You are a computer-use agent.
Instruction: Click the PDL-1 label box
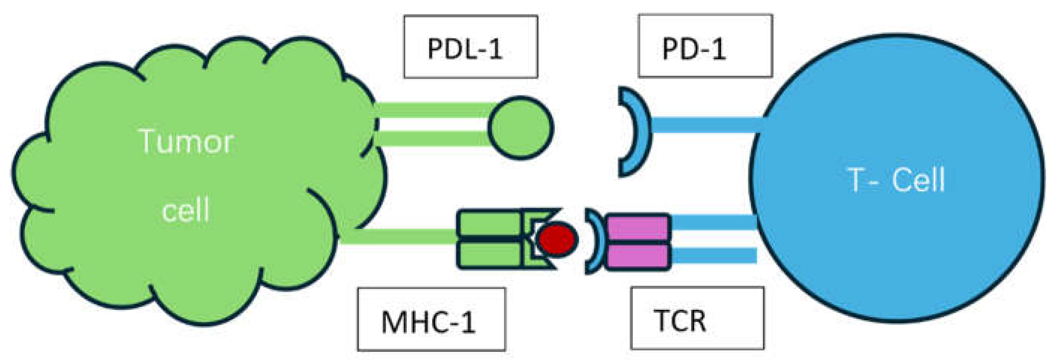(470, 47)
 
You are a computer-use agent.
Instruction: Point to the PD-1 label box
(705, 46)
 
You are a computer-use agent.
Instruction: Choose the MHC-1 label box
(431, 320)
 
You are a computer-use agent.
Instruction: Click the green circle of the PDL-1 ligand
(521, 127)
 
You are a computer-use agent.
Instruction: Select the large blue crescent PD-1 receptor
(633, 131)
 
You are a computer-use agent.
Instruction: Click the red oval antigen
(557, 238)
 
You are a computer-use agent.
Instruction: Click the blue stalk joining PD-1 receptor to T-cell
(704, 125)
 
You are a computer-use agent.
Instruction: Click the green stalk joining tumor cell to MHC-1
(397, 237)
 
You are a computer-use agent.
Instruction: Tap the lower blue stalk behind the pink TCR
(715, 256)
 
